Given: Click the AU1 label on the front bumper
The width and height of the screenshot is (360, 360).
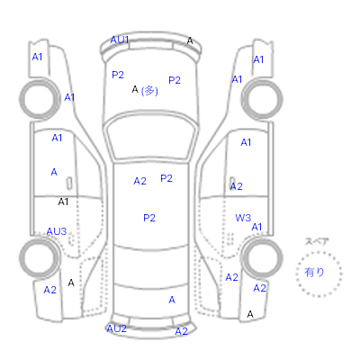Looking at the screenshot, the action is point(120,40).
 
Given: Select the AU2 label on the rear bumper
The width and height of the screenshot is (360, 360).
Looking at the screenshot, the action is point(117,328).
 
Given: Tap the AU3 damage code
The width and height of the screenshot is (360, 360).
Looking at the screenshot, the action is point(57,231).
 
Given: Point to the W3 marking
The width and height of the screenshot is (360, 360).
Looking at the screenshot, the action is point(243,218).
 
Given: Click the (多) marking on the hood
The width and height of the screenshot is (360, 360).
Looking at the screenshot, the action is point(149,91).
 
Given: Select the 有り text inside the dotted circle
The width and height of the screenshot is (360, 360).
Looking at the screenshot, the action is point(314,273).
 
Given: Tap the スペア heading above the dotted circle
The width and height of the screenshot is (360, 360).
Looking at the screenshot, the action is point(317,241).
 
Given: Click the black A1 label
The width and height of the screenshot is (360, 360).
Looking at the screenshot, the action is point(63,202).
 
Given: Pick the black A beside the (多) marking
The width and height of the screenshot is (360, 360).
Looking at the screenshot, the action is point(135,89).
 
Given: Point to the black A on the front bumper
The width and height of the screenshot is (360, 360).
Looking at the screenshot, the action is point(190,40).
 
